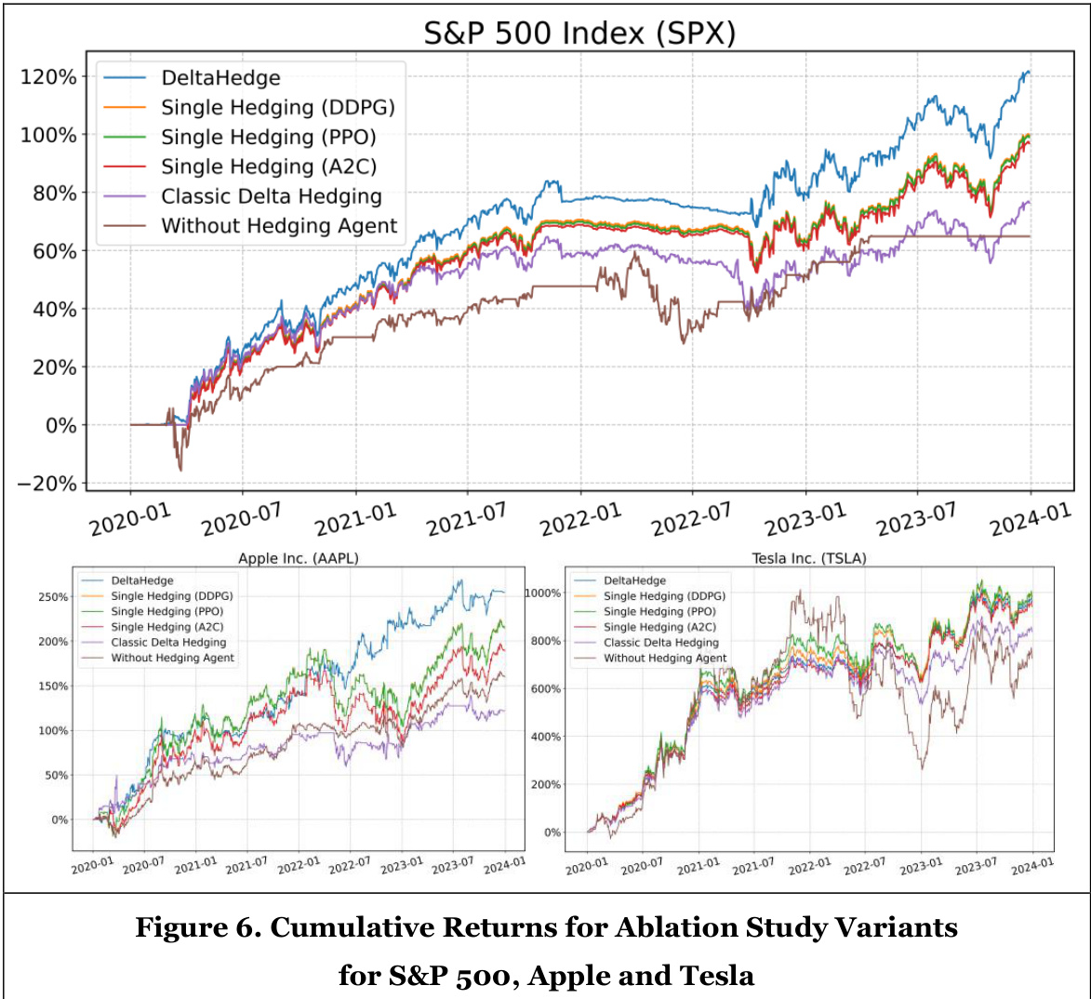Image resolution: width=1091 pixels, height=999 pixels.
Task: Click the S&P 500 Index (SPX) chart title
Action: (579, 33)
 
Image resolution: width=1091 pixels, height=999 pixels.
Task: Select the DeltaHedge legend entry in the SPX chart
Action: (220, 78)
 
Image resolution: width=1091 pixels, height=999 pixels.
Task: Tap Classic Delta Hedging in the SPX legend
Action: (271, 196)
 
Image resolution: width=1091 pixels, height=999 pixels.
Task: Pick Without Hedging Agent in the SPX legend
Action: (279, 226)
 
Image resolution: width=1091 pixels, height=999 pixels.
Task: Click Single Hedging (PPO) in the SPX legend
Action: (268, 137)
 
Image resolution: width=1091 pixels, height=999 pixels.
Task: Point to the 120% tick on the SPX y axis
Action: (48, 76)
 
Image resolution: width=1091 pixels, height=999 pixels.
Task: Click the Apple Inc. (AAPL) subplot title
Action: (298, 558)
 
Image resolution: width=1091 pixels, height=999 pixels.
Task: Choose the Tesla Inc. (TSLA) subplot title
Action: (809, 558)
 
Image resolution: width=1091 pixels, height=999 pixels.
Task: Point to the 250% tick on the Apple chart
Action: (54, 597)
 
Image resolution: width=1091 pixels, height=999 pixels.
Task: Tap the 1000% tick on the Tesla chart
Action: (542, 593)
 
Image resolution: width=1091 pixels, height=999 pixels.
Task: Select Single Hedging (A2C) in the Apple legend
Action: (167, 627)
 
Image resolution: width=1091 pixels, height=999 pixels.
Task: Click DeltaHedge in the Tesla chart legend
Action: (634, 580)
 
